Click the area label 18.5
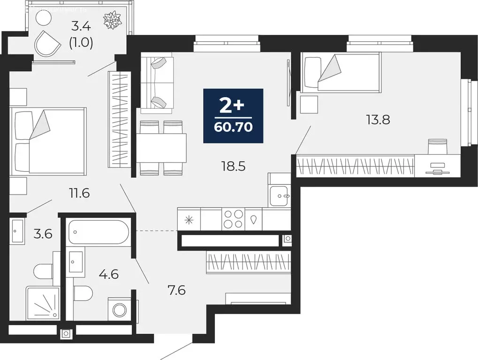coord(233,165)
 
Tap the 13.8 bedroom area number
coord(379,120)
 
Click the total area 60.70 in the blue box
coord(233,127)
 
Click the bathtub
coord(98,232)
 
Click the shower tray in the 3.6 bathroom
coord(43,303)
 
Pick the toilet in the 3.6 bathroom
coord(44,271)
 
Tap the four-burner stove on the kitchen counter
coord(233,219)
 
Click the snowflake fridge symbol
coord(189,219)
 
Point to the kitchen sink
coord(280,195)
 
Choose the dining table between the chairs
coord(162,148)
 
